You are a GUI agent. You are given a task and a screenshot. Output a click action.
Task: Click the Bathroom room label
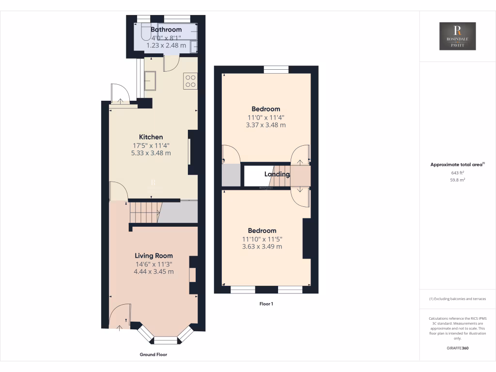(166, 30)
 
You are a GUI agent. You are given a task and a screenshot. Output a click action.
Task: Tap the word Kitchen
(151, 137)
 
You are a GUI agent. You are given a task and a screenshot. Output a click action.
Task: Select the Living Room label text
(154, 256)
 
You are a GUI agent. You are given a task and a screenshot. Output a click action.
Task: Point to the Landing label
(277, 174)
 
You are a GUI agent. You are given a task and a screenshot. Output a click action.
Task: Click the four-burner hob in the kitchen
(190, 81)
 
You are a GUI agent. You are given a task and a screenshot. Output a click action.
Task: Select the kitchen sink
(149, 81)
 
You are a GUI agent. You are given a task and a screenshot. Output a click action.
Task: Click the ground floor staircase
(144, 213)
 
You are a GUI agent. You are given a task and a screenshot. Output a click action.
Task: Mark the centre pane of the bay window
(166, 340)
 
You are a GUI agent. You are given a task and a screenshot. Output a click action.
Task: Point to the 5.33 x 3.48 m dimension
(151, 153)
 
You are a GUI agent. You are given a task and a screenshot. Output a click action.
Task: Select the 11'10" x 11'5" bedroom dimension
(262, 239)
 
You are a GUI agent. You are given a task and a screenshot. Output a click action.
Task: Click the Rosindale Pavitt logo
(457, 36)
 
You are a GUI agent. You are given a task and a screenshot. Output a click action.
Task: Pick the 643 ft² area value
(457, 172)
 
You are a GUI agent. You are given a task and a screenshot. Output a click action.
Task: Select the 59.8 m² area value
(457, 180)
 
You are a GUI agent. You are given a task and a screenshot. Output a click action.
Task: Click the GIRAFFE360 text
(457, 348)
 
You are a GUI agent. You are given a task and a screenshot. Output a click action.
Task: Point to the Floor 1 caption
(266, 304)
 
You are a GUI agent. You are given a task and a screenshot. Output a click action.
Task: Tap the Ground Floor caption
(153, 355)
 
